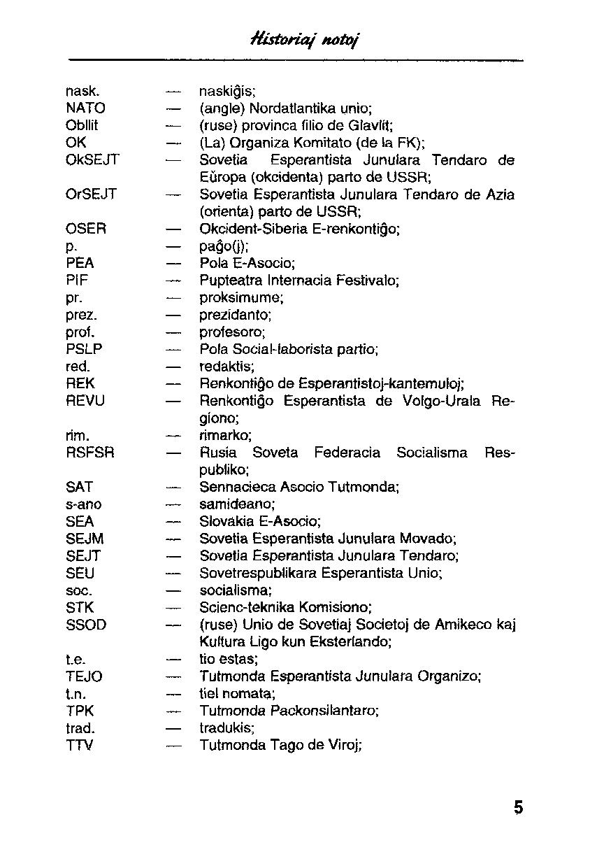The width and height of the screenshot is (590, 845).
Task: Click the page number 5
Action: [x=518, y=807]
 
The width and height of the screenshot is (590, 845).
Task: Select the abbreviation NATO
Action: [x=85, y=108]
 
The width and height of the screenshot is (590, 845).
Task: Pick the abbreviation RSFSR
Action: [x=90, y=453]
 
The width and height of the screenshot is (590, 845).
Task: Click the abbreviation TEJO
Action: [x=84, y=676]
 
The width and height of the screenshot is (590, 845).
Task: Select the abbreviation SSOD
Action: [x=86, y=625]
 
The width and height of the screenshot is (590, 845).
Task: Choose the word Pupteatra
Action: [x=229, y=281]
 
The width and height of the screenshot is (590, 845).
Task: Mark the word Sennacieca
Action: [x=233, y=487]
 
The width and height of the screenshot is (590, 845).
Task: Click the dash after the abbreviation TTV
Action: [x=173, y=746]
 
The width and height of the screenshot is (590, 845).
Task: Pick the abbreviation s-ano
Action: [x=83, y=504]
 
